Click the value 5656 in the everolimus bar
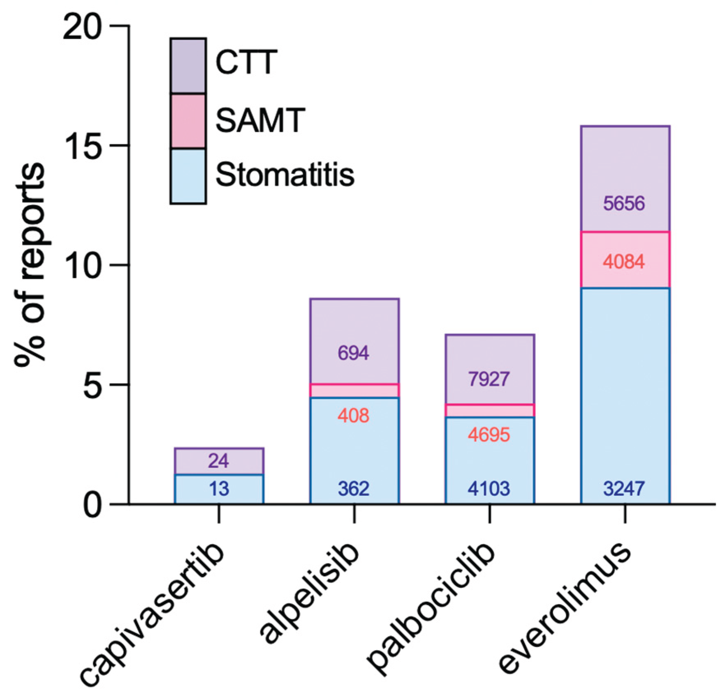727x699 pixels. point(624,204)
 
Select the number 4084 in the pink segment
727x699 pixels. point(624,262)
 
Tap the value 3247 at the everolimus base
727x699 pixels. point(624,489)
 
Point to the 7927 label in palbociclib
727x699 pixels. point(489,379)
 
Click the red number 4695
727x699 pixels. point(489,435)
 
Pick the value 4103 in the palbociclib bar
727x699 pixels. point(489,489)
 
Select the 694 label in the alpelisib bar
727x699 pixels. point(354,353)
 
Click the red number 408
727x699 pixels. point(354,416)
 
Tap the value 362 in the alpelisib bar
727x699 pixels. point(354,489)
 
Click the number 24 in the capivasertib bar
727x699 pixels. point(218,461)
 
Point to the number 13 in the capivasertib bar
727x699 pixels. point(218,489)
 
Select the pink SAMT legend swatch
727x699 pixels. point(188,121)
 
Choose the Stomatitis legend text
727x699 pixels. point(285,175)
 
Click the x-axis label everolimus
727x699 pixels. point(565,608)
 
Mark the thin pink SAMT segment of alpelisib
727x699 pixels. point(354,391)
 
